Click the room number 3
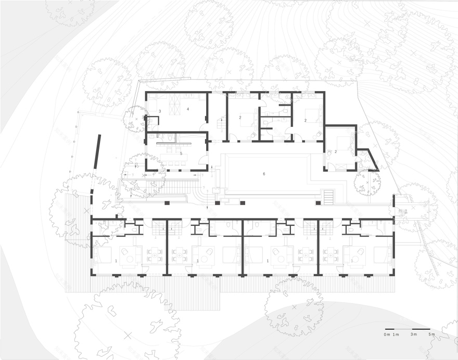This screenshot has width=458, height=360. [x=160, y=112]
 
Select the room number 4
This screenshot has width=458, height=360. [x=187, y=109]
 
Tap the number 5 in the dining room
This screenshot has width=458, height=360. [x=181, y=153]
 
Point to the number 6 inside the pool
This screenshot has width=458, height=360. [x=264, y=173]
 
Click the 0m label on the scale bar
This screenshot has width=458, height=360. [x=387, y=334]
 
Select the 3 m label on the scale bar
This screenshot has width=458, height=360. [x=413, y=334]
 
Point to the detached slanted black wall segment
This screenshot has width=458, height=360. [x=97, y=151]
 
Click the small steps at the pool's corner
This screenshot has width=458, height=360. [x=328, y=197]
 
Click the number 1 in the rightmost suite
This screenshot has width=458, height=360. [x=352, y=260]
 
